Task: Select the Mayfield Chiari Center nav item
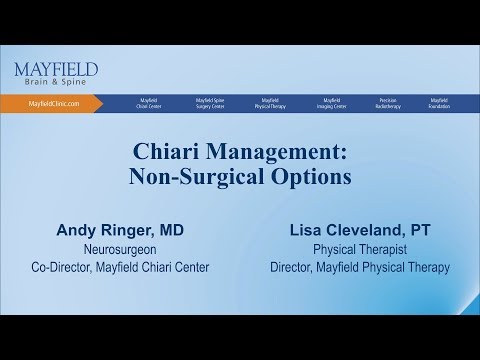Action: (148, 103)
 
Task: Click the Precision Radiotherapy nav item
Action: (389, 103)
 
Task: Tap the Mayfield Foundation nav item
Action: (439, 103)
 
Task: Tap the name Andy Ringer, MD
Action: (120, 229)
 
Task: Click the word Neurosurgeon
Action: (120, 249)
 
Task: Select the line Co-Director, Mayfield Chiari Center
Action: (120, 267)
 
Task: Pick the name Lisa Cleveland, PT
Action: (359, 229)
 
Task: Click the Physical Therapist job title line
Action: (359, 249)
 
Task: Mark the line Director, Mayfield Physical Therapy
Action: (359, 267)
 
